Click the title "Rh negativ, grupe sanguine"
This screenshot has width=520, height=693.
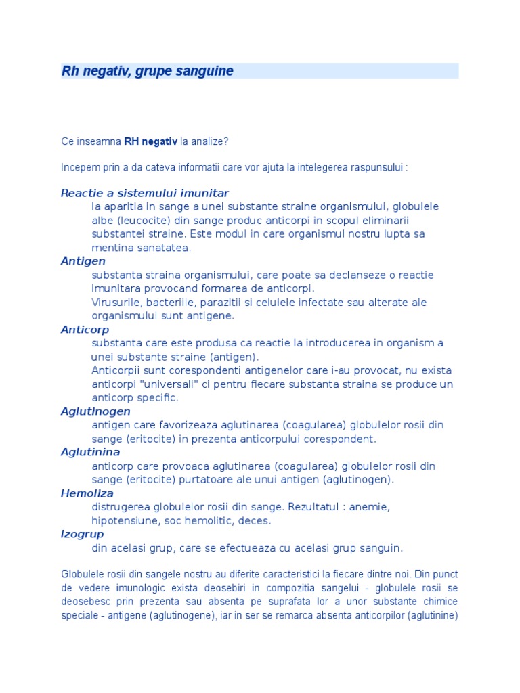(x=148, y=71)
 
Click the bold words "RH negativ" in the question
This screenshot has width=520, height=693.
(x=151, y=141)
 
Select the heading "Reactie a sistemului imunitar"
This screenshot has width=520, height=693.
(x=144, y=193)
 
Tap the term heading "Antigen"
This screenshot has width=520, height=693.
(x=83, y=261)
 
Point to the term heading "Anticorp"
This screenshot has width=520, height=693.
(x=85, y=330)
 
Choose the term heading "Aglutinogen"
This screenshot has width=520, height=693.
(x=95, y=411)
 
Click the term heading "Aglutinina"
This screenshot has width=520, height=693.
(x=90, y=452)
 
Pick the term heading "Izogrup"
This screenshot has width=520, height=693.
(x=82, y=534)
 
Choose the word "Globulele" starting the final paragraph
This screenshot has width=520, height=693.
(x=81, y=575)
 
